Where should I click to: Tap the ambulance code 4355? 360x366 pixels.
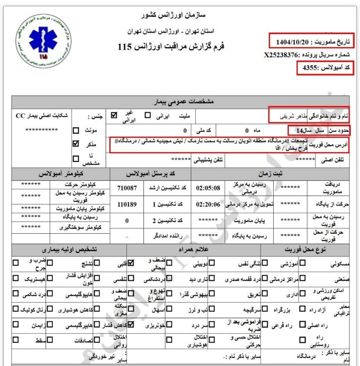[310, 68]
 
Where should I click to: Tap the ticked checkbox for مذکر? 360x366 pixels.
[76, 143]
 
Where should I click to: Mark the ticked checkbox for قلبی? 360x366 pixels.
[130, 262]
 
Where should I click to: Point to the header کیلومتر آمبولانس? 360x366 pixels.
[60, 173]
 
